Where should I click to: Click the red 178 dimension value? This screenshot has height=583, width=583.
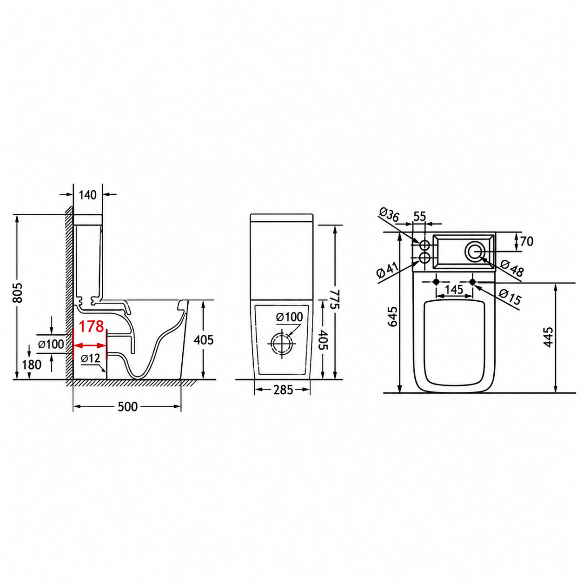(x=92, y=326)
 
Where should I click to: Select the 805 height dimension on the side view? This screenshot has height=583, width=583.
(x=18, y=292)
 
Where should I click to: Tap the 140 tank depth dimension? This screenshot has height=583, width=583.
(x=88, y=195)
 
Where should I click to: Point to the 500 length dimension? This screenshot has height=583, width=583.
(x=128, y=407)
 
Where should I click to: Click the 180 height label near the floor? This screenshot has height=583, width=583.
(x=32, y=365)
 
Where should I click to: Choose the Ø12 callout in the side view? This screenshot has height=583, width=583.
(x=91, y=358)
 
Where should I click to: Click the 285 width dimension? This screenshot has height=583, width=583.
(x=283, y=390)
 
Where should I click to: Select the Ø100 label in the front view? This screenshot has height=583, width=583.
(x=289, y=317)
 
